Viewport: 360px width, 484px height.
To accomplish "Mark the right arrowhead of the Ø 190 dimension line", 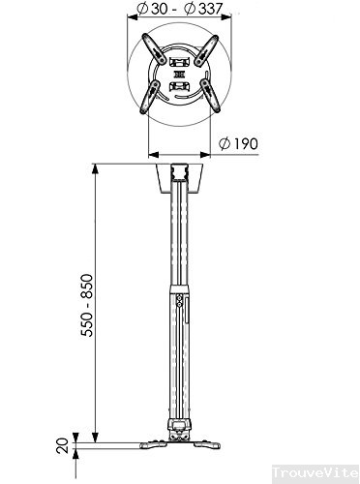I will (212, 154).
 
